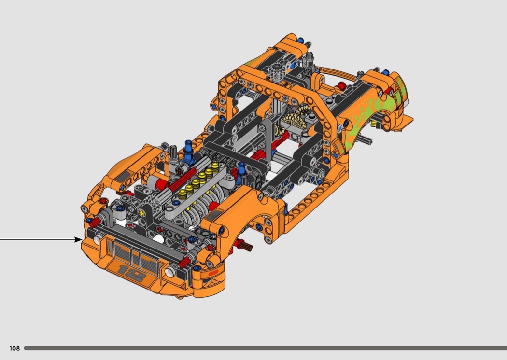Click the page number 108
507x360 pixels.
pos(14,348)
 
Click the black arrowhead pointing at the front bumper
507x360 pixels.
pos(79,239)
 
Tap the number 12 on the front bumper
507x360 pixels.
pos(133,273)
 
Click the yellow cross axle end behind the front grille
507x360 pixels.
pos(141,213)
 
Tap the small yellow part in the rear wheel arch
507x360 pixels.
pos(375,124)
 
